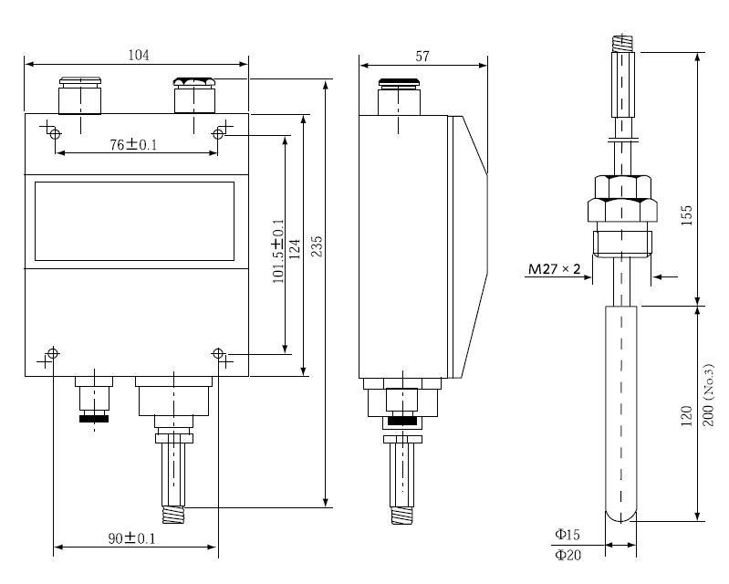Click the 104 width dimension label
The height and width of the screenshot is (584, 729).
(138, 55)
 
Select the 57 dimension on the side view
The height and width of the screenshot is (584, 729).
(422, 56)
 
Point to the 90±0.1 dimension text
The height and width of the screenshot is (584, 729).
(132, 538)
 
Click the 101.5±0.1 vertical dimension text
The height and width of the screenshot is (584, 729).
(278, 251)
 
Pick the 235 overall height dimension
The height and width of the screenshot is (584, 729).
(318, 246)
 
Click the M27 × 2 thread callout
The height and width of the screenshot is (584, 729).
(555, 269)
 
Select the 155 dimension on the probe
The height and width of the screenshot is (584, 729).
(688, 214)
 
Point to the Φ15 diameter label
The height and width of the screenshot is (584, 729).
(568, 535)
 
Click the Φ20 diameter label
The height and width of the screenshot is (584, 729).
(568, 554)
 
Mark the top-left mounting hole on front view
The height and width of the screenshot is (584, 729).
(55, 134)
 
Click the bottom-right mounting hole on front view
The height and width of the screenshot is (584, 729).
(218, 354)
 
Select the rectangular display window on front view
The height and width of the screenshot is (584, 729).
(134, 221)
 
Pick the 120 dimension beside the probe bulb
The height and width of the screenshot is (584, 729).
(688, 416)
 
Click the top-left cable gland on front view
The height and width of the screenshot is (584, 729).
(79, 93)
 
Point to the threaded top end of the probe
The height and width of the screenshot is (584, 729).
(621, 42)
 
